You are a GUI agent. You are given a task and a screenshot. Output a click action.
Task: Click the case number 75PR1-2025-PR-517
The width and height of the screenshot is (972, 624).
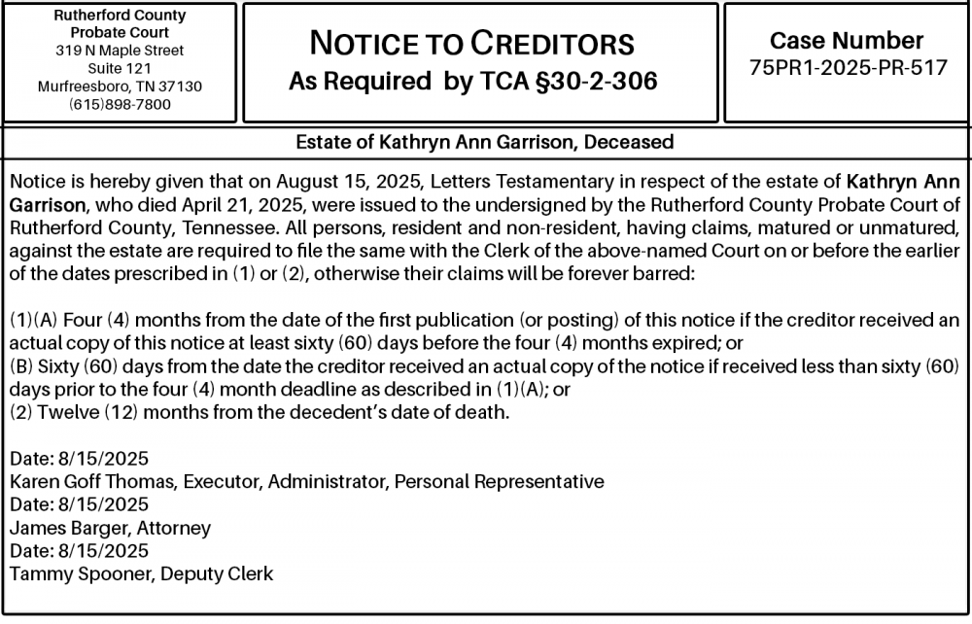point(849,68)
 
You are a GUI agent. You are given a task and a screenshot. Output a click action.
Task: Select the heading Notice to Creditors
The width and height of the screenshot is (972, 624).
point(471,43)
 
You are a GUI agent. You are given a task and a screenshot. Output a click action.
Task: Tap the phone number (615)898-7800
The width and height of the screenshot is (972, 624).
point(120,104)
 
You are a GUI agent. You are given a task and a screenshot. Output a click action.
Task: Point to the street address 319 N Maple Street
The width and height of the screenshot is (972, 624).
point(120,50)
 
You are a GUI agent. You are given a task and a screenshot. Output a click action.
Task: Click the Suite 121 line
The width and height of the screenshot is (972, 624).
point(120,68)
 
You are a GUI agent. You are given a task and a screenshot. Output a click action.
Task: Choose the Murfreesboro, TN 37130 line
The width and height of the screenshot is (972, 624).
point(120,86)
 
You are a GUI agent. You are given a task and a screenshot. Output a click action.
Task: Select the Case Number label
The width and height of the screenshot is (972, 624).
point(847,41)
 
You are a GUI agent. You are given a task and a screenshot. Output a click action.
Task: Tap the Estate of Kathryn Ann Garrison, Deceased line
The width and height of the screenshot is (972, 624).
point(484,143)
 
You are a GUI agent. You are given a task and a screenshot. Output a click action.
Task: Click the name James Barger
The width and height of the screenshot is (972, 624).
point(58,528)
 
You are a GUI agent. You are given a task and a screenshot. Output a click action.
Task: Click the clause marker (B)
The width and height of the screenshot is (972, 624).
point(20,365)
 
